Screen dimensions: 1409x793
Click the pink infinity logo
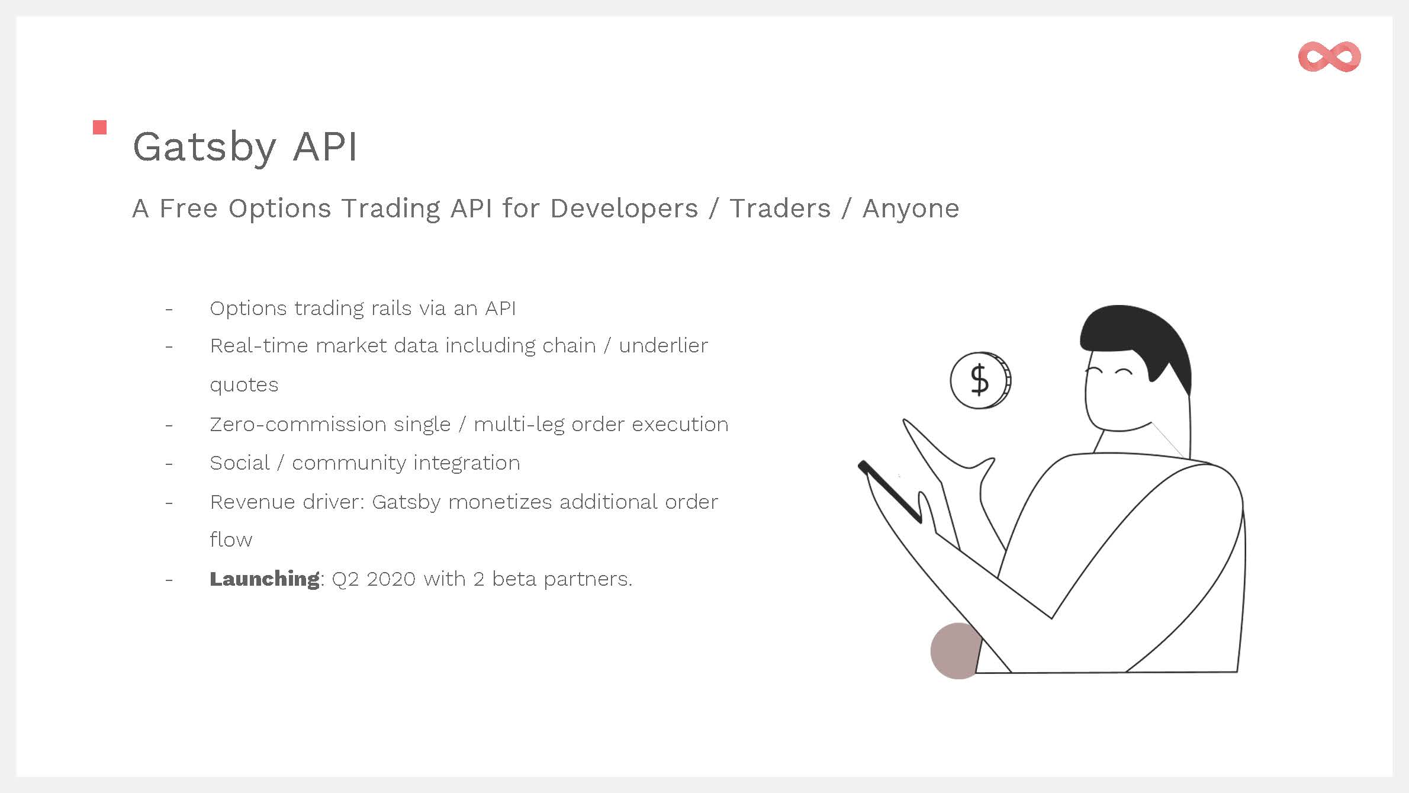tap(1329, 57)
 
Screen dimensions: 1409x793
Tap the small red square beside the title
tap(100, 127)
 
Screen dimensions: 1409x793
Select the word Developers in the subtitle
tap(624, 208)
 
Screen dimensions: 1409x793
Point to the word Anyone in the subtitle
tap(911, 208)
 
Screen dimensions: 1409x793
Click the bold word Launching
tap(265, 579)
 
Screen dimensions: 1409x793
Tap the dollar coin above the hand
tap(980, 380)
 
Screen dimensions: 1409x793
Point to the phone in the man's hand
tap(890, 492)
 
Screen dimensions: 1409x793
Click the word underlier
tap(663, 345)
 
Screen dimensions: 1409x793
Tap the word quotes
tap(244, 386)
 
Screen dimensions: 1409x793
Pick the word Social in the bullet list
tap(240, 463)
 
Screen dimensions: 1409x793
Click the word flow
tap(231, 540)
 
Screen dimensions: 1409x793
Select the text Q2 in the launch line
tap(345, 579)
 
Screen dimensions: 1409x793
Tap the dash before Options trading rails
tap(169, 309)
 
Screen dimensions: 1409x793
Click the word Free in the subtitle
tap(188, 208)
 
